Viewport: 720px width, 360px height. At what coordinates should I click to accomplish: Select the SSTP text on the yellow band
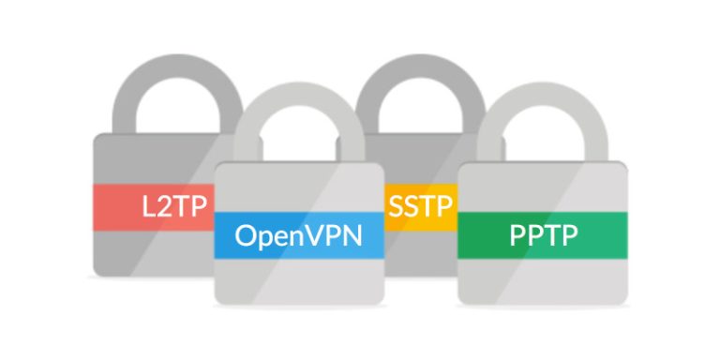[419, 203]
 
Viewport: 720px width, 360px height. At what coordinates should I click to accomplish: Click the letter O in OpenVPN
[247, 234]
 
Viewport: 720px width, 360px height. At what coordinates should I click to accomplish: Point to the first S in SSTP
[398, 203]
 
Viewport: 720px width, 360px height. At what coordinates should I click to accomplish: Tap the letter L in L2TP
[149, 206]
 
